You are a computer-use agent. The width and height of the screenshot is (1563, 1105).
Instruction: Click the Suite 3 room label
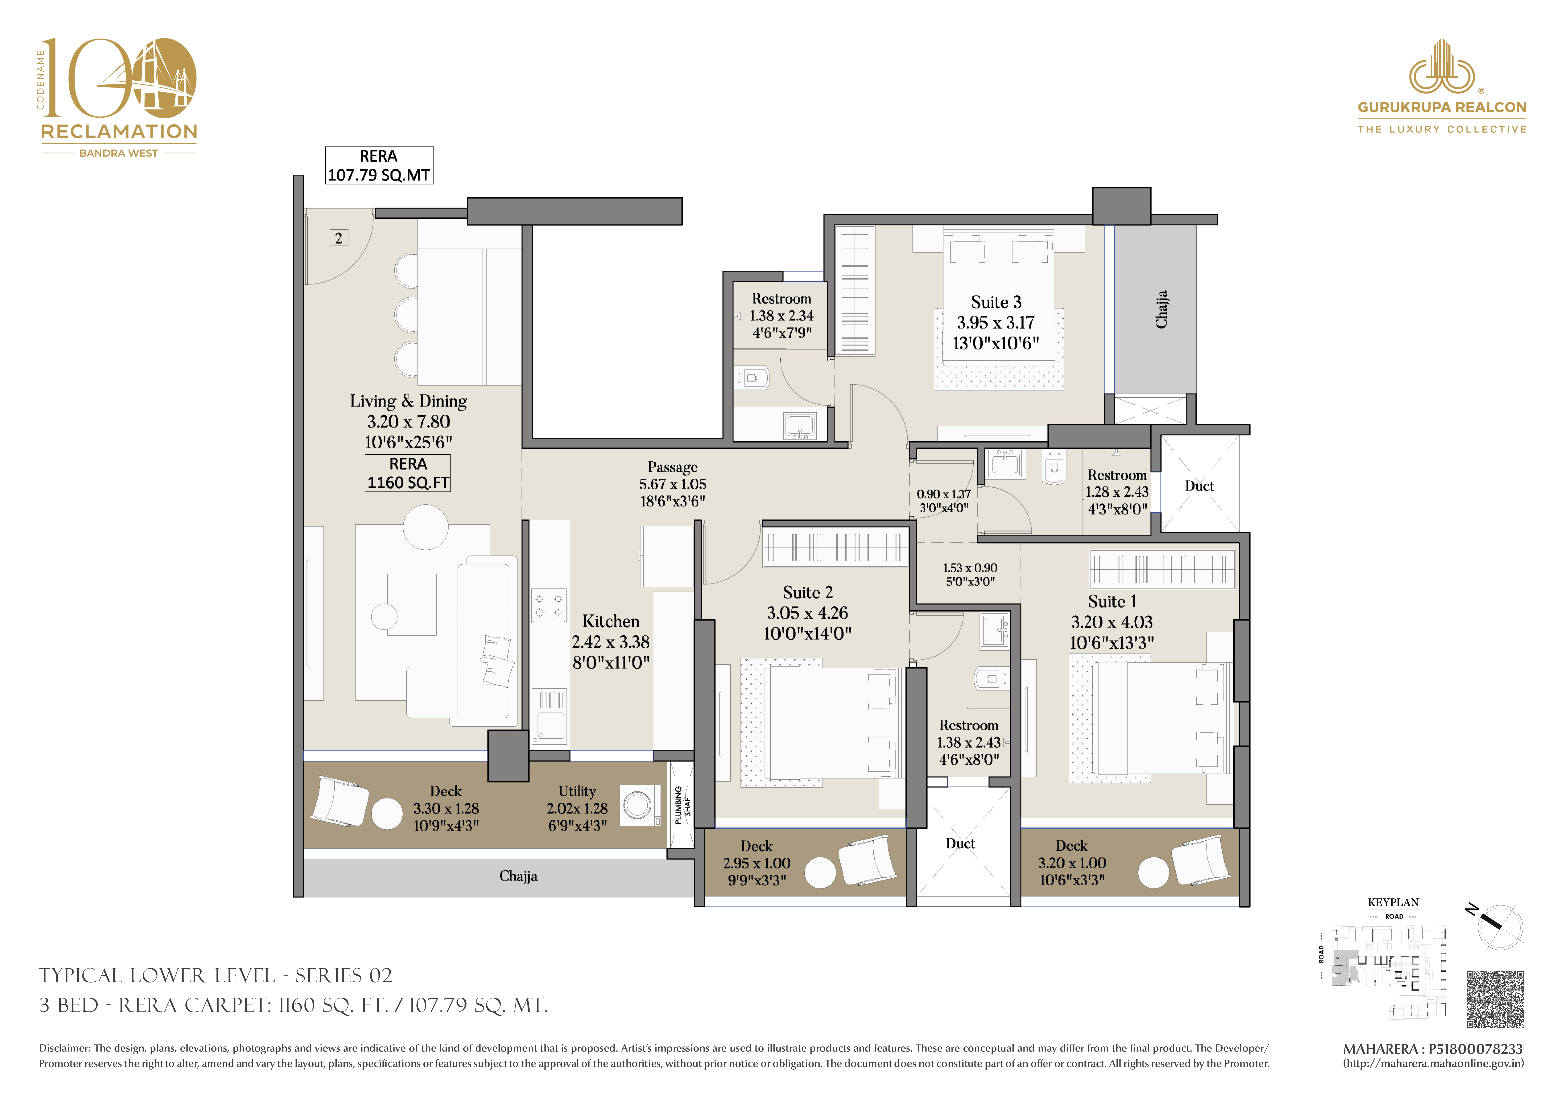click(996, 302)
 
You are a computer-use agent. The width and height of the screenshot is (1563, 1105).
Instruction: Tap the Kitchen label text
click(611, 622)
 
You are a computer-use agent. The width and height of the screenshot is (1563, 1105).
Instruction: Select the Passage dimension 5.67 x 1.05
click(673, 484)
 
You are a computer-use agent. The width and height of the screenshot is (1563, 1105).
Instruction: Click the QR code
click(1495, 999)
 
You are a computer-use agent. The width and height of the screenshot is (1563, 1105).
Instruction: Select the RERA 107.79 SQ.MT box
click(379, 165)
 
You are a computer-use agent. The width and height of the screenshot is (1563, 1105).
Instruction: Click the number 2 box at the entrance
click(339, 238)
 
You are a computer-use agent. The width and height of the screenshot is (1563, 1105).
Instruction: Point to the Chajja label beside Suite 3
click(1161, 310)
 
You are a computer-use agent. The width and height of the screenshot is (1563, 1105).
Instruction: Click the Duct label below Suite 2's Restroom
click(960, 844)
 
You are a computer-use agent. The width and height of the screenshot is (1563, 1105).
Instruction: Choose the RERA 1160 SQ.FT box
click(408, 473)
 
